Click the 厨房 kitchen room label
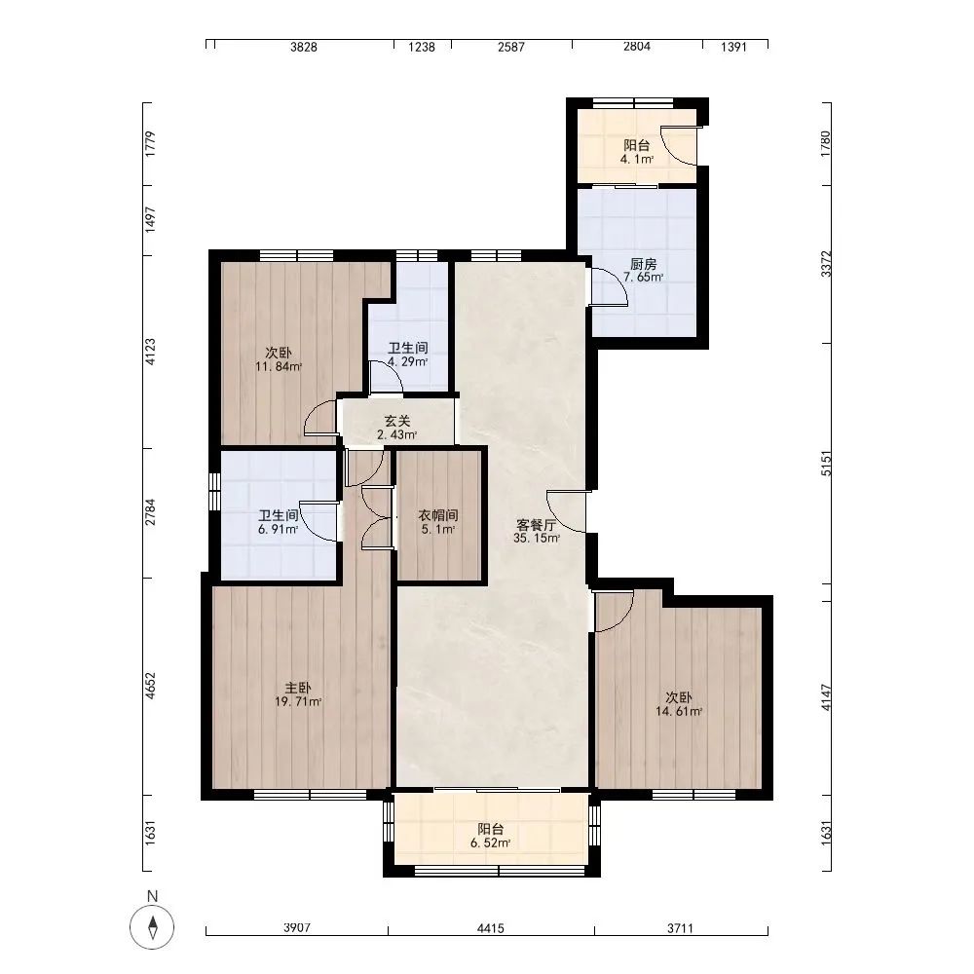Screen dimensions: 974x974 tap(643, 264)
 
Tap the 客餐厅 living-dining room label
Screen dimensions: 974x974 tap(536, 525)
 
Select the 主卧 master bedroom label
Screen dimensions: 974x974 tap(298, 689)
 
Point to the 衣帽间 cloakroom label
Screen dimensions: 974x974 tap(438, 515)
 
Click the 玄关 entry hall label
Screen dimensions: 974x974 tap(397, 421)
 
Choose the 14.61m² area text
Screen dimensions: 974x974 tap(679, 712)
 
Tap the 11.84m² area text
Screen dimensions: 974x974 tap(279, 366)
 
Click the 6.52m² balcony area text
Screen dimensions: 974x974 tap(490, 843)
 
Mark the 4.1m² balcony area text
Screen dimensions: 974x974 tap(637, 159)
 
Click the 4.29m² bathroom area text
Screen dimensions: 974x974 tap(407, 361)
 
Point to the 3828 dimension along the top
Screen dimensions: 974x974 tap(304, 47)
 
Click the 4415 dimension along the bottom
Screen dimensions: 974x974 tap(491, 928)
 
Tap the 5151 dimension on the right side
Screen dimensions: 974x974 tap(826, 464)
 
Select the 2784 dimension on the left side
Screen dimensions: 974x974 tap(150, 512)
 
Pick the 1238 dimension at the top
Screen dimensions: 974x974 tap(422, 47)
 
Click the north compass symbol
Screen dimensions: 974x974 tap(152, 927)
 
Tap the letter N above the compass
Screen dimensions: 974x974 tap(152, 896)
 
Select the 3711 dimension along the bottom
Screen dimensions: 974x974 tap(680, 928)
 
